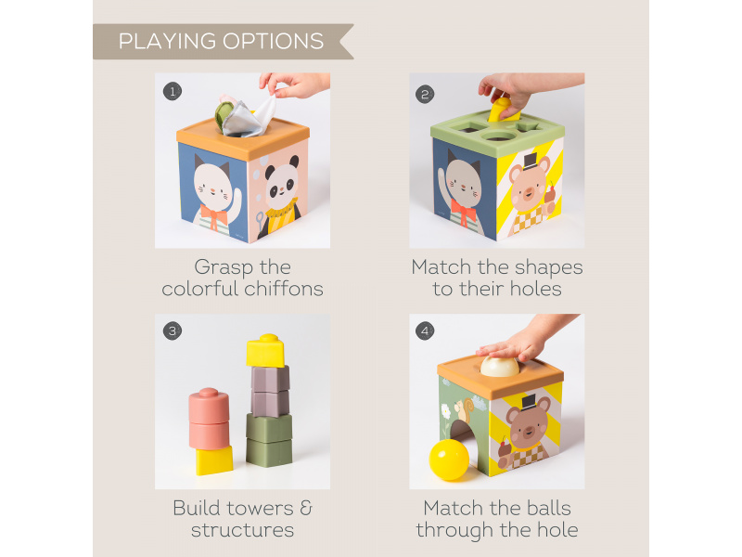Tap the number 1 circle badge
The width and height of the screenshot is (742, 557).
[x=173, y=91]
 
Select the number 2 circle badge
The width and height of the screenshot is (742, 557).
[x=425, y=95]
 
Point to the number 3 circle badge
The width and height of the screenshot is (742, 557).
[x=173, y=330]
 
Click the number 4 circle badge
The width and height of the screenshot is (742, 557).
[x=425, y=330]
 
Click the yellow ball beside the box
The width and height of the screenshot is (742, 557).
[x=449, y=460]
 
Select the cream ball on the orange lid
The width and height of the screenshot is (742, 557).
[x=499, y=367]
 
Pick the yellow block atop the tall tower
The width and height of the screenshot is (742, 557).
[x=266, y=351]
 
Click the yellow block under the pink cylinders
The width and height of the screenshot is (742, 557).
[x=214, y=460]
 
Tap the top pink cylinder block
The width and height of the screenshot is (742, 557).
[x=209, y=406]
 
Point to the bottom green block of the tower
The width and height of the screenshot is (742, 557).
[x=269, y=452]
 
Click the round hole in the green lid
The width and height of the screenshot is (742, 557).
[x=499, y=136]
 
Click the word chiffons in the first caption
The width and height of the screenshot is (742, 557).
[x=284, y=289]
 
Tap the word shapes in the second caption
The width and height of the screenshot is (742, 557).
[x=548, y=267]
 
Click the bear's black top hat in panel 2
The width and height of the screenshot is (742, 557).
[x=530, y=162]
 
